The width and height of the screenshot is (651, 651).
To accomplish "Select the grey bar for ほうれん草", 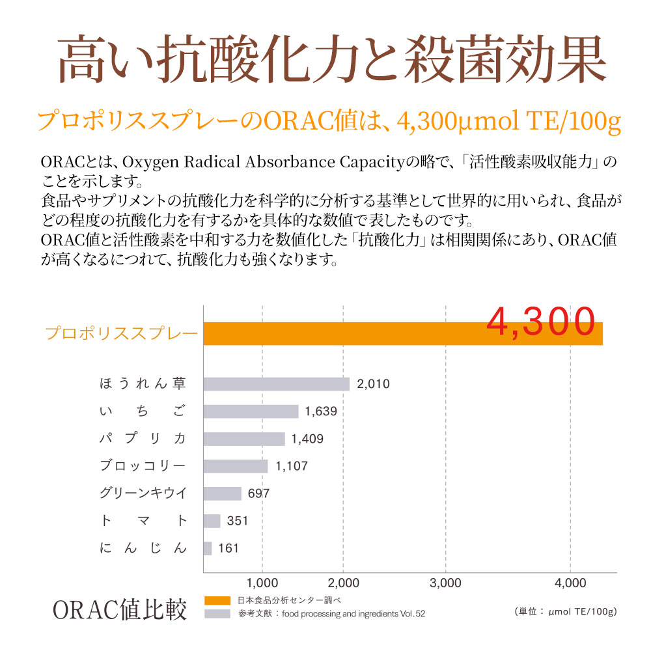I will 276,383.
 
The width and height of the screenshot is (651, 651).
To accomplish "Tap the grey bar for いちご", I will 251,411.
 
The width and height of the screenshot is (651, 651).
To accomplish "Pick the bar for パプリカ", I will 244,439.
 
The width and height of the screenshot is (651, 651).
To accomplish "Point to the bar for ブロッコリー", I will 236,466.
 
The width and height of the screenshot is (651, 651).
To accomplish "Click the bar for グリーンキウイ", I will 223,493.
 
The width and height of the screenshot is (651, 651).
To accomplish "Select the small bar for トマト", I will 212,521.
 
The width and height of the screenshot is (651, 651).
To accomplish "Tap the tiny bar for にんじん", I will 208,548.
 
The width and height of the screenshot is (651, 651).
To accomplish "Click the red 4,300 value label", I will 542,320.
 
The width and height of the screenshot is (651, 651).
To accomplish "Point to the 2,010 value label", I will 374,384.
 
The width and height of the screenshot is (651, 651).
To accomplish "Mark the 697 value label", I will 258,493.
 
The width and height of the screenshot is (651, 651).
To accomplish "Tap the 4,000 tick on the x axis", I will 570,582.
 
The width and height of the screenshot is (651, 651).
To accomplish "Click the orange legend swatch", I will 217,600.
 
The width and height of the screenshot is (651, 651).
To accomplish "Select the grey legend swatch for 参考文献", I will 217,613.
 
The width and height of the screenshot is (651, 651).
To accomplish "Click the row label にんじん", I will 144,548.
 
